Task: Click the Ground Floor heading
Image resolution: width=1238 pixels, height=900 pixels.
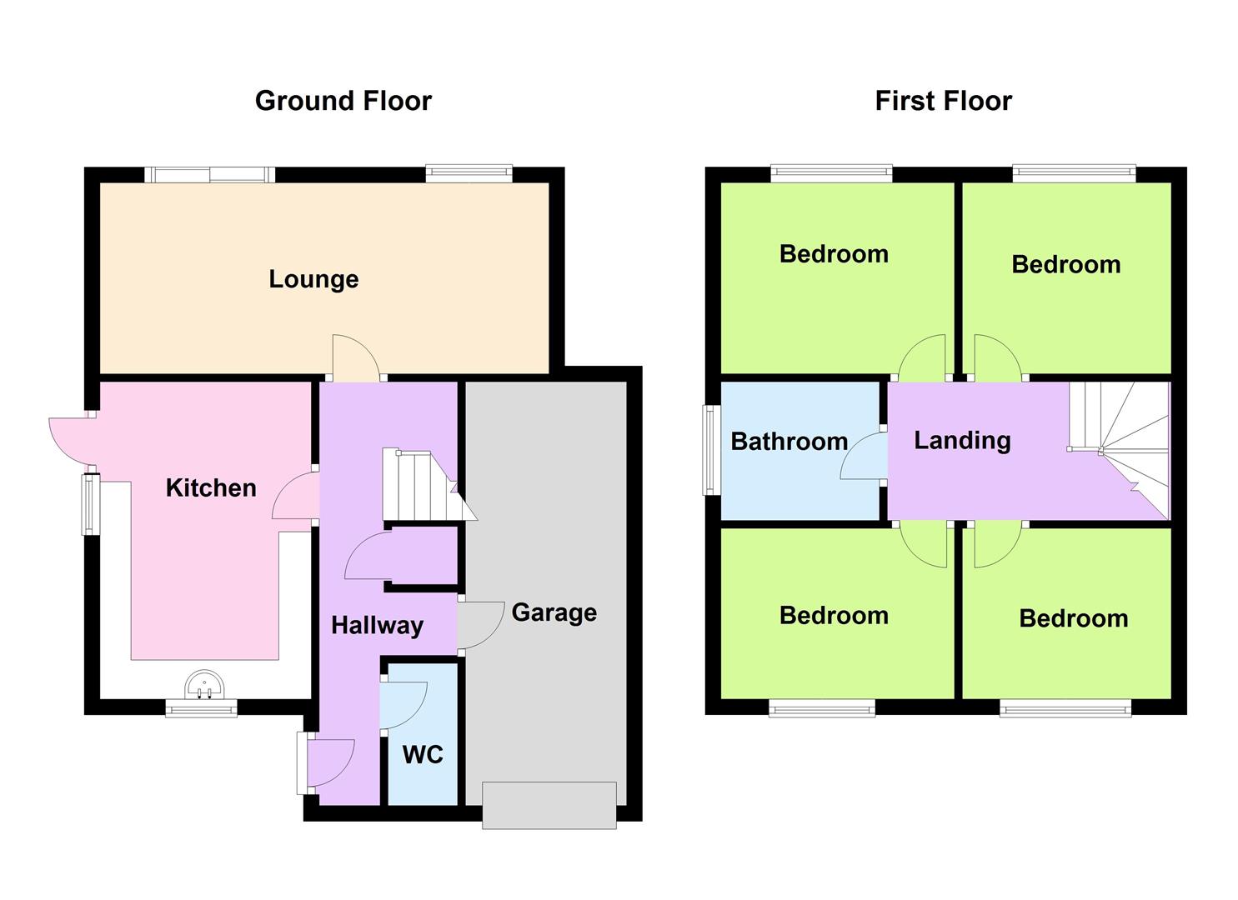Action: tap(343, 101)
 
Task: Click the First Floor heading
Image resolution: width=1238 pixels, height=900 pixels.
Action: tap(943, 101)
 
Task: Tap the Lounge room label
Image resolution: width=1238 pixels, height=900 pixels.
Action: tap(313, 279)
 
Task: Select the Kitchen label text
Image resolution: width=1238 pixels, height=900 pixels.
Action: tap(211, 487)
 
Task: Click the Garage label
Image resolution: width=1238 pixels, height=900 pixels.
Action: tap(554, 612)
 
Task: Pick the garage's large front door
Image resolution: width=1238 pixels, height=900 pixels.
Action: tap(549, 805)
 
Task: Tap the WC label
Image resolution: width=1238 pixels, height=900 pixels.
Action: tap(423, 755)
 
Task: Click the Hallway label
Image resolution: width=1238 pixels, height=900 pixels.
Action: tap(377, 626)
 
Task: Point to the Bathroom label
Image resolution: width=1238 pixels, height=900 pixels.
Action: tap(789, 442)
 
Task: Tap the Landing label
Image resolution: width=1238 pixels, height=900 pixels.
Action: tap(962, 440)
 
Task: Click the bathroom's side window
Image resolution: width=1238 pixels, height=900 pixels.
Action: tap(711, 450)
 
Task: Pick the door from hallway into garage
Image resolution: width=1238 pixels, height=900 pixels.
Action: tap(479, 625)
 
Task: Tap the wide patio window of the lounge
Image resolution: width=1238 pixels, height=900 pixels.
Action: tap(208, 174)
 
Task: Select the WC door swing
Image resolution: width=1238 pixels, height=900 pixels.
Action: tap(404, 706)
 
